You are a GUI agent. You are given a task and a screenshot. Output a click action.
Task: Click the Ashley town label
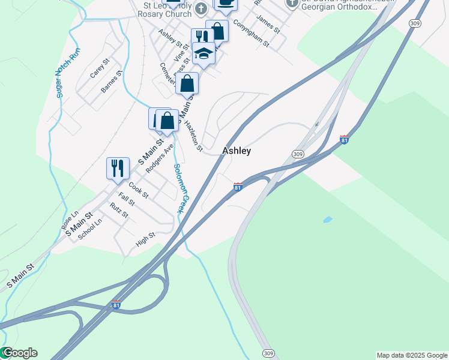(x=237, y=151)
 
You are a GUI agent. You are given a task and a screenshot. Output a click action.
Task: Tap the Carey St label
(x=100, y=68)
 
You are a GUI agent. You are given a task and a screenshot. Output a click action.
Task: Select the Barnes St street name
(x=111, y=82)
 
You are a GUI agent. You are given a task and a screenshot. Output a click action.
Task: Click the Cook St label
(x=138, y=191)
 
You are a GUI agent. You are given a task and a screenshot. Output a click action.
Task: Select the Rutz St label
(x=119, y=211)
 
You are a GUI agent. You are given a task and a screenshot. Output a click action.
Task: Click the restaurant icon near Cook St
(x=118, y=167)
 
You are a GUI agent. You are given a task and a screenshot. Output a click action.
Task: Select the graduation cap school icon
(x=203, y=54)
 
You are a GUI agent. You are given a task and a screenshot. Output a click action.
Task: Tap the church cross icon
(x=201, y=8)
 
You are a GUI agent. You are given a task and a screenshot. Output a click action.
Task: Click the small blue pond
(x=327, y=220)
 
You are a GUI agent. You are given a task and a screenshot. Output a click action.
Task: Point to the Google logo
(x=19, y=353)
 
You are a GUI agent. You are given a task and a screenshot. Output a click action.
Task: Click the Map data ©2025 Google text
(x=412, y=355)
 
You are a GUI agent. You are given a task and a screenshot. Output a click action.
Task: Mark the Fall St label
(x=127, y=200)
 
